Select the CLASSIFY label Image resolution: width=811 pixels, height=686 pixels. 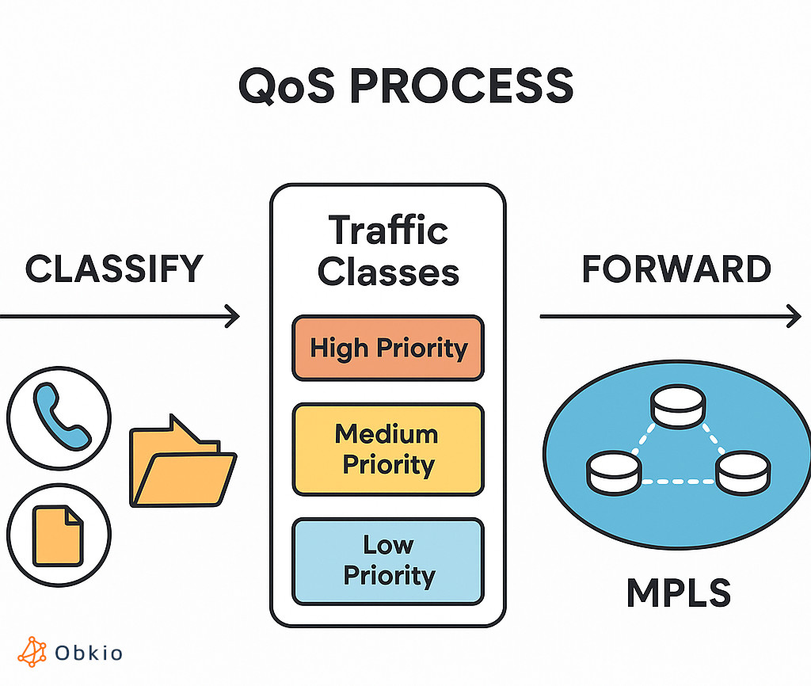(114, 269)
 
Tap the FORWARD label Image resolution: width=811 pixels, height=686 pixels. (676, 269)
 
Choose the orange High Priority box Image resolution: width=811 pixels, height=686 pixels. (388, 348)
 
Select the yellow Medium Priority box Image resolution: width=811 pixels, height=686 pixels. (388, 449)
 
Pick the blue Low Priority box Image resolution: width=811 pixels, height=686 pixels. (388, 560)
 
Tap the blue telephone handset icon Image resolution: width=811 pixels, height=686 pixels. (60, 416)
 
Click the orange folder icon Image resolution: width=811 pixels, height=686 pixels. (181, 463)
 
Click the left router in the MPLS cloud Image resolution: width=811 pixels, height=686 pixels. (614, 472)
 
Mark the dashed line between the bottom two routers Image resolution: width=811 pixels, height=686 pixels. (678, 481)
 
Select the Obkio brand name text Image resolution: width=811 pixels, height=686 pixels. (89, 653)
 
